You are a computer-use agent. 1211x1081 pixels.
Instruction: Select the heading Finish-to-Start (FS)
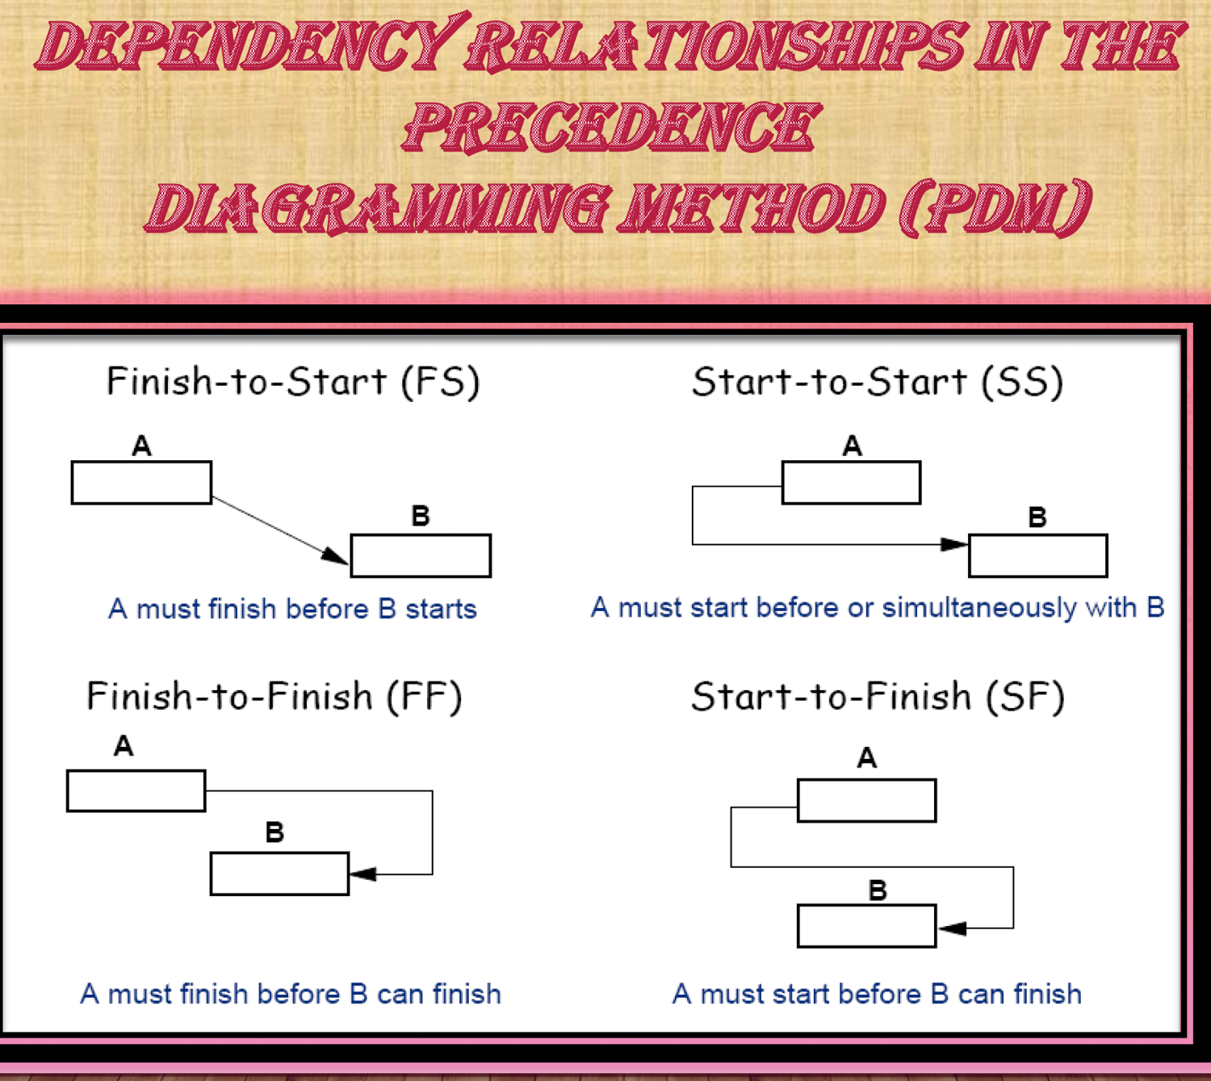293,383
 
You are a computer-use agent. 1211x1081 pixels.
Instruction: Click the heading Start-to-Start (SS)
878,383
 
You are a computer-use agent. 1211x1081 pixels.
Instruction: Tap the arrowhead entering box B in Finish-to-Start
335,556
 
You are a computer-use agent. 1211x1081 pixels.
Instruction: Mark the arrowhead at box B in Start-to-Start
954,544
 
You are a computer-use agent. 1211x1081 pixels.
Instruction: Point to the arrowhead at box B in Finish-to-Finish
363,874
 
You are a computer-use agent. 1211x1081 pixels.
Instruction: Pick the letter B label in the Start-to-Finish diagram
878,890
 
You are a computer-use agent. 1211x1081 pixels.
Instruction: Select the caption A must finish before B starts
292,610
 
